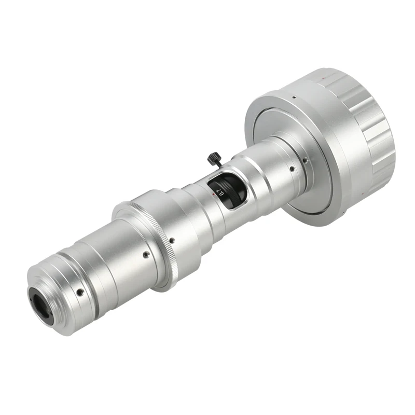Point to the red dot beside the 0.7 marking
coord(213,195)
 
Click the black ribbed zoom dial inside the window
coord(228,188)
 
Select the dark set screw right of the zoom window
coord(292,169)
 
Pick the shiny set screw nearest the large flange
coord(306,160)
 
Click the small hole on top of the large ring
coord(293,97)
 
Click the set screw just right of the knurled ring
coord(172,240)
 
